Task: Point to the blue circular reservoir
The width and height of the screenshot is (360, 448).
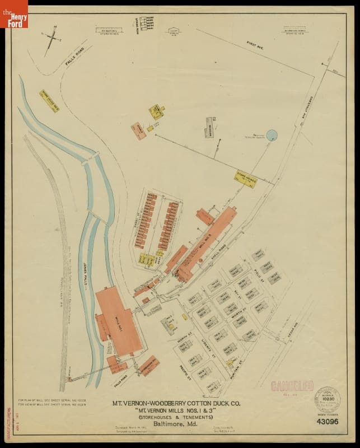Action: (272, 134)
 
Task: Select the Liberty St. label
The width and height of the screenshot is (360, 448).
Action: (209, 352)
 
